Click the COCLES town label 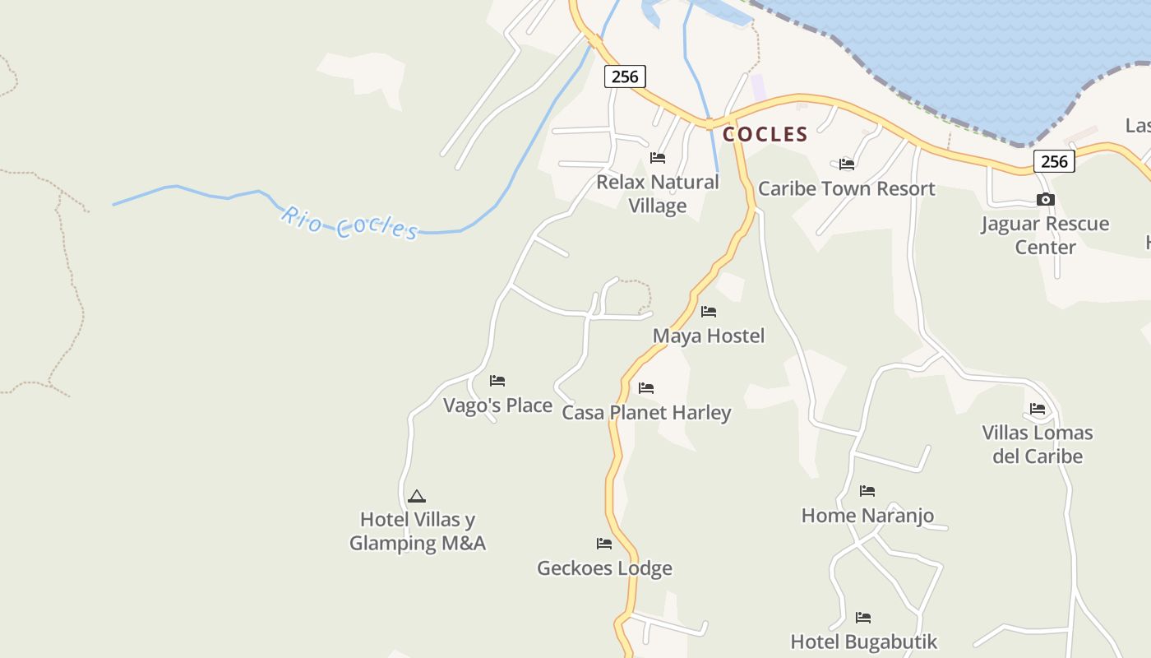[x=765, y=134]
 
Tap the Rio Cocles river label [x=350, y=223]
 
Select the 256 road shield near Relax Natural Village [x=625, y=76]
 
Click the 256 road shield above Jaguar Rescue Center [x=1054, y=161]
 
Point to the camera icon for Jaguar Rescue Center [x=1045, y=200]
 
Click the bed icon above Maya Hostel [x=709, y=312]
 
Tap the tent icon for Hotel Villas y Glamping [x=417, y=496]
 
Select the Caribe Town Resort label [x=846, y=188]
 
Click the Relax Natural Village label [x=658, y=194]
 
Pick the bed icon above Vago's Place [x=497, y=381]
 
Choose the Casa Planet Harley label [x=646, y=412]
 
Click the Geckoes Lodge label [x=604, y=568]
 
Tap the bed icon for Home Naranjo [x=867, y=491]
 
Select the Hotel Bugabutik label [x=863, y=642]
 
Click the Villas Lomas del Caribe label [x=1038, y=444]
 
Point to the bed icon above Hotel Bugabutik [x=863, y=618]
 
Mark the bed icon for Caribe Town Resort [x=847, y=164]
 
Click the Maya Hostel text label [x=709, y=336]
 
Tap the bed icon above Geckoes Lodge [x=604, y=544]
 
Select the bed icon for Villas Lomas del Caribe [x=1038, y=409]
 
